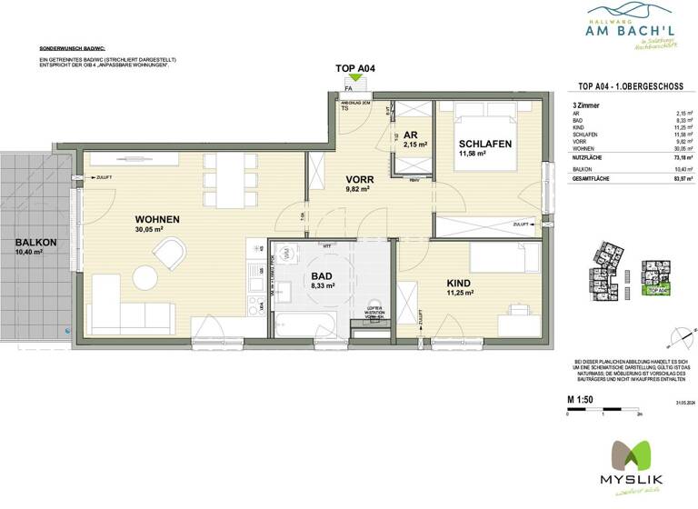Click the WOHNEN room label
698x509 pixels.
coord(156,220)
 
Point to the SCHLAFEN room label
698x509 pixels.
coord(484,145)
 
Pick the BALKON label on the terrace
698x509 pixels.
coord(35,243)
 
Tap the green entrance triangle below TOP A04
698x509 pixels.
coord(352,80)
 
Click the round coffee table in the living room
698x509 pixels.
coord(143,276)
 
